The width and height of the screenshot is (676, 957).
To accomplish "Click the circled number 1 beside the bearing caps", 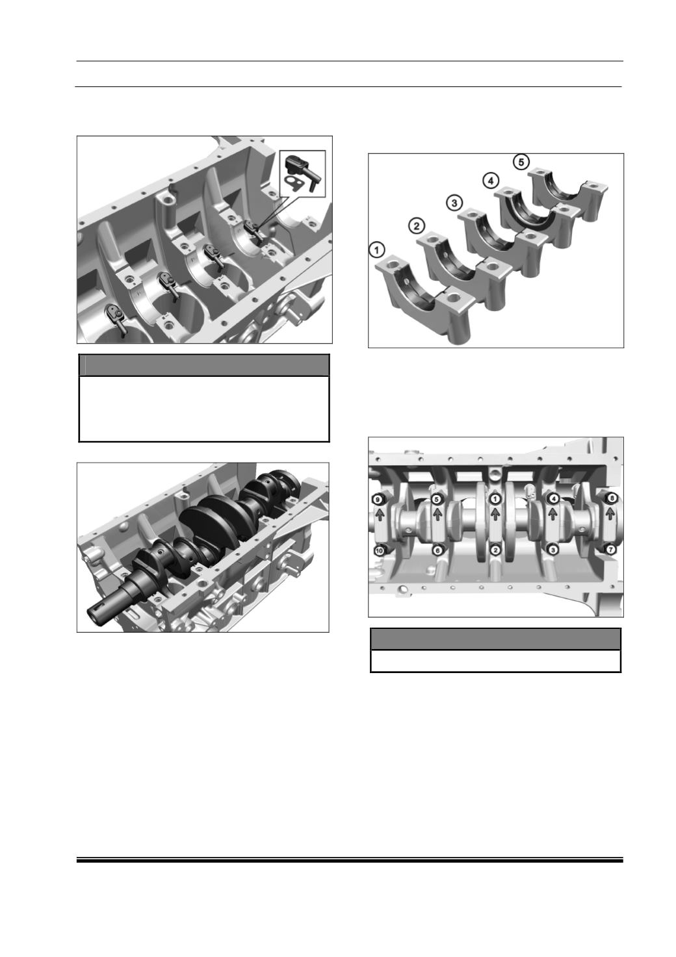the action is [x=376, y=251].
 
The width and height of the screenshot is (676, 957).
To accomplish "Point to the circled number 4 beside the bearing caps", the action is [x=491, y=181].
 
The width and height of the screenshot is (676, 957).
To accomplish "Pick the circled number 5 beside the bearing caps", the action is [x=521, y=162].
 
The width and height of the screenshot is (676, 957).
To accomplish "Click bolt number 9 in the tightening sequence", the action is [x=377, y=499].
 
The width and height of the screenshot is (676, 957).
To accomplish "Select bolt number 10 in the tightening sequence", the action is [x=378, y=551].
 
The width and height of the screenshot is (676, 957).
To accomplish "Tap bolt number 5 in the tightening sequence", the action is [x=436, y=498].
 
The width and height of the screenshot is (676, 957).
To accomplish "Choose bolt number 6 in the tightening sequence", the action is [x=437, y=550].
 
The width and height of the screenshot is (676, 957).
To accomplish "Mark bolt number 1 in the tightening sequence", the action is [x=495, y=498].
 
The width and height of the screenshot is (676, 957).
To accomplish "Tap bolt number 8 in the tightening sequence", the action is [x=612, y=498].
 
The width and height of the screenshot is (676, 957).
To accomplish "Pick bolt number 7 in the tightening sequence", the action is [x=611, y=550].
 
